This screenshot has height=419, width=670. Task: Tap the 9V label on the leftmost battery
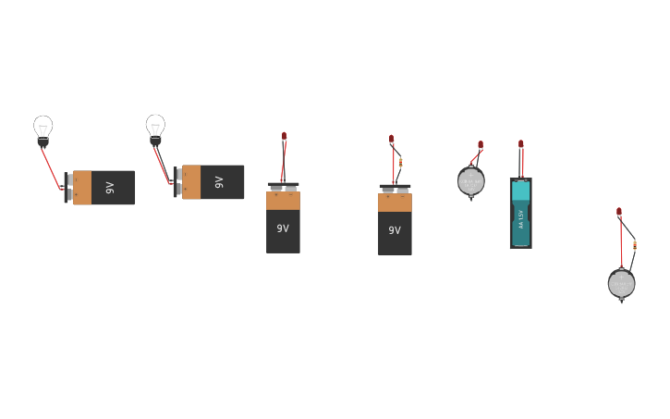coord(110,188)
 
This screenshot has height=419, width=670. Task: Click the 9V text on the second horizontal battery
coord(219,182)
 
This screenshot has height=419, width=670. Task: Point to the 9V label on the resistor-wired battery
coord(395,230)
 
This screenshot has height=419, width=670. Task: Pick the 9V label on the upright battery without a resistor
coord(283,228)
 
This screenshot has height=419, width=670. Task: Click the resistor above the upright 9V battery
coord(400,163)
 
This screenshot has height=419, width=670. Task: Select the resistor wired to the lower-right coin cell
coord(634,245)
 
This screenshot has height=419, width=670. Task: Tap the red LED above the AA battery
coord(520,144)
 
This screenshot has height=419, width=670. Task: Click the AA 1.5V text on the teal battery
coord(521,218)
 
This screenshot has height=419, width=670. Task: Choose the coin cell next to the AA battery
coord(470,181)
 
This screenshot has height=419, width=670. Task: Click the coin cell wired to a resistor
coord(621,283)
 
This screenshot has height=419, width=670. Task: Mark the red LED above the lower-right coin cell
coord(619,212)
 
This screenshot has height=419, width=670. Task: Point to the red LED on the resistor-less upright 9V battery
coord(284,137)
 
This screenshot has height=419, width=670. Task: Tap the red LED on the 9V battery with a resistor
coord(391,140)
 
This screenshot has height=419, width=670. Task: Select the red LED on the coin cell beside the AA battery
coord(481,145)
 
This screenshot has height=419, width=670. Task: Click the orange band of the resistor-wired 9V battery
coord(395,203)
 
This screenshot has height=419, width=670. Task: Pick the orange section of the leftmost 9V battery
coord(82,188)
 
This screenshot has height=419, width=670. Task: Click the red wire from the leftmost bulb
coord(50,167)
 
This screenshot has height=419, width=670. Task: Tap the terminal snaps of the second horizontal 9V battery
coord(177,181)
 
